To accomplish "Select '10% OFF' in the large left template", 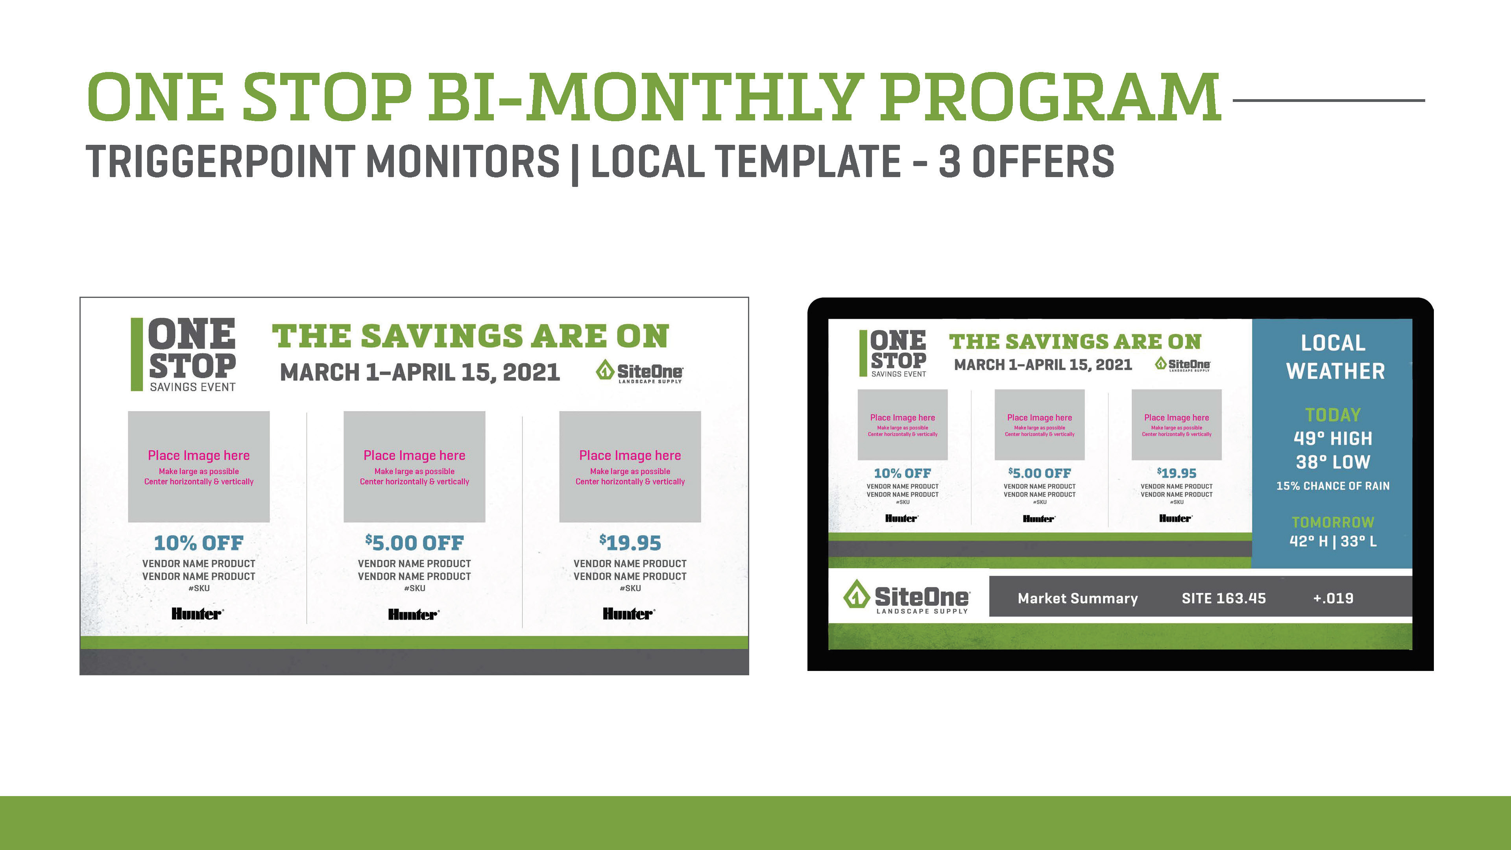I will point(199,543).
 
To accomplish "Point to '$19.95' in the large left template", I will point(630,543).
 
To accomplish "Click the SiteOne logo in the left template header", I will point(639,373).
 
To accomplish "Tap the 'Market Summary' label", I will point(1077,598).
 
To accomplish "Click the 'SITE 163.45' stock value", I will point(1224,598).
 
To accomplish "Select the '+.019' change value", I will point(1333,598).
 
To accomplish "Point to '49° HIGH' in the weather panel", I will point(1333,438).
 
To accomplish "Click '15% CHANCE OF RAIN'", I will point(1333,486).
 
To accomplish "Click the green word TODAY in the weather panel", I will point(1333,415).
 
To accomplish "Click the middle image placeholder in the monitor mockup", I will point(1039,425).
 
